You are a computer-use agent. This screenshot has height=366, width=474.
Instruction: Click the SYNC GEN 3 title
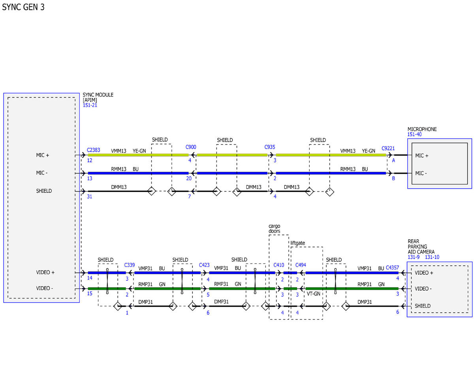[x=23, y=7]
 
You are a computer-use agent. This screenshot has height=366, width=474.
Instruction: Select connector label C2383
[x=93, y=150]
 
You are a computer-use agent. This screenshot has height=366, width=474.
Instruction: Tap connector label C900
[x=191, y=147]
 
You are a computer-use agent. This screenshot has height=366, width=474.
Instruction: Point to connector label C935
[x=270, y=147]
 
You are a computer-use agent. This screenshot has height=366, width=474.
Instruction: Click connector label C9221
[x=388, y=148]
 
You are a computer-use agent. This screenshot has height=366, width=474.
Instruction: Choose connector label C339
[x=129, y=265]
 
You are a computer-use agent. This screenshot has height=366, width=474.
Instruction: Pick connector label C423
[x=204, y=265]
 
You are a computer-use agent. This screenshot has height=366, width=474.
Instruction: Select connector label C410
[x=279, y=265]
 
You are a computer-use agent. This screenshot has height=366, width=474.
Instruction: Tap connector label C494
[x=301, y=265]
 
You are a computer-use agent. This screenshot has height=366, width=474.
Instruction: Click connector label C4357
[x=392, y=267]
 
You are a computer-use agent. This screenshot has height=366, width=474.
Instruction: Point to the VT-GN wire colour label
[x=314, y=294]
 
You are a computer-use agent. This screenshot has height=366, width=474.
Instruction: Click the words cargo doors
[x=274, y=229]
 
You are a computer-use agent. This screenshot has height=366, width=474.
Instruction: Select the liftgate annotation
[x=297, y=243]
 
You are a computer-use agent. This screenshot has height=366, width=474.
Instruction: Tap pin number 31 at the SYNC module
[x=89, y=196]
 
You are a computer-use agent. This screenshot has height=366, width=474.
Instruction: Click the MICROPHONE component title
[x=422, y=129]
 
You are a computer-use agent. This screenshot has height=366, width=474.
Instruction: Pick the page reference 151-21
[x=90, y=105]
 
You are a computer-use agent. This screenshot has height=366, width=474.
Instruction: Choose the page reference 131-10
[x=432, y=257]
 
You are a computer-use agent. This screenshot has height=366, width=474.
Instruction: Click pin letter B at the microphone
[x=393, y=178]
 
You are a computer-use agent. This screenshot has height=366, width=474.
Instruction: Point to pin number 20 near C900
[x=189, y=178]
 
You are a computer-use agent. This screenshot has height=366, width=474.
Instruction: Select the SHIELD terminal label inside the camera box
[x=423, y=306]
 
